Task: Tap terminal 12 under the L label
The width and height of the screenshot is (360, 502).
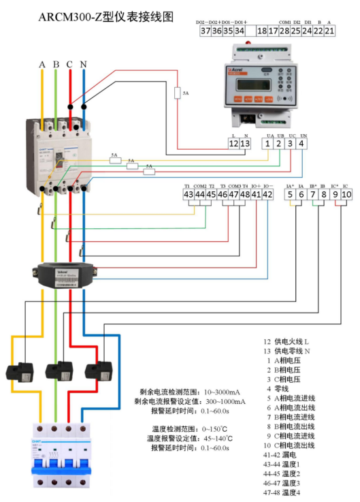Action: point(233,143)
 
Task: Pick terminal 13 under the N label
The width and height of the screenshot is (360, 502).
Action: point(245,143)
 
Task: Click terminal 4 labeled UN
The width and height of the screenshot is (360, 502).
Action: point(302,143)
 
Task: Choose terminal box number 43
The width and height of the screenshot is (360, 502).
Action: point(189,195)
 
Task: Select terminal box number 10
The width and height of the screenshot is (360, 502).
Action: point(346,195)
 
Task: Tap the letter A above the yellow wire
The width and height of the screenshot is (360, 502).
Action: point(42,65)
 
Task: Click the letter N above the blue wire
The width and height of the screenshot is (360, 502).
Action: point(83,65)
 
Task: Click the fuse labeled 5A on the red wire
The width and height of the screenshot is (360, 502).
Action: point(178,93)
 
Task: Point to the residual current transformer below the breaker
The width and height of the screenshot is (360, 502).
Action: point(65,272)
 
